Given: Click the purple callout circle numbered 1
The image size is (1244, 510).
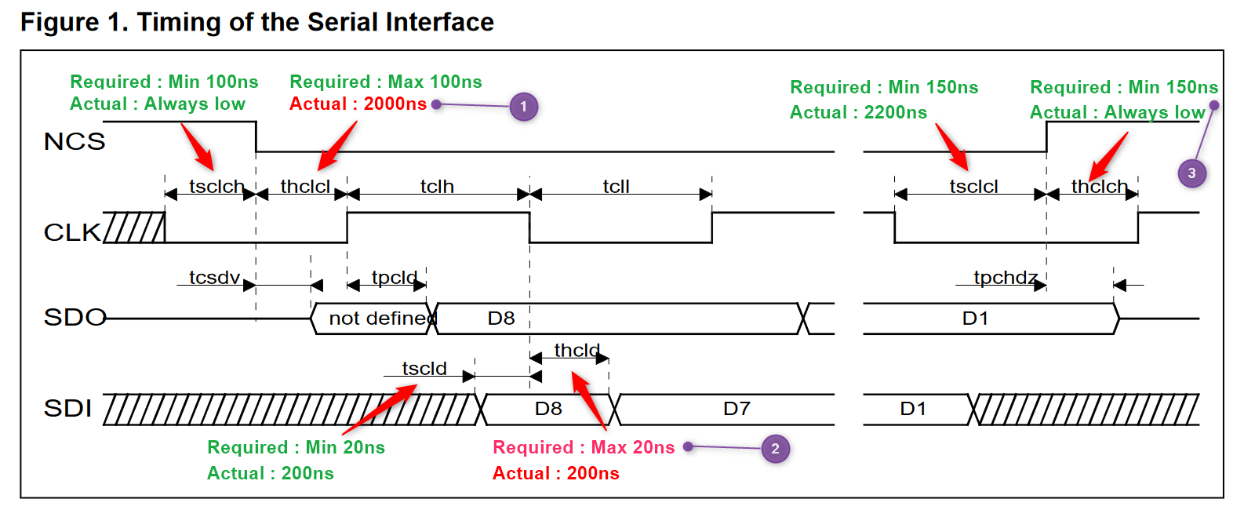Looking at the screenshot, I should point(523,107).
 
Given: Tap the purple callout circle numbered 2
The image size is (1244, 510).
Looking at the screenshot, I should point(775,449).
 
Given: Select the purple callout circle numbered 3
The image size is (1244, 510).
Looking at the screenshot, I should point(1191,173).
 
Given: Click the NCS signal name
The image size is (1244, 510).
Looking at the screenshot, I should point(75,142).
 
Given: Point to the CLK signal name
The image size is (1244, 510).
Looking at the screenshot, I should point(72,232).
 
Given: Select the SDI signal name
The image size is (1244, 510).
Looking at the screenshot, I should point(68,409).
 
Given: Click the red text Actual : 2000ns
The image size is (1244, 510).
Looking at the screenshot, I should point(358,104).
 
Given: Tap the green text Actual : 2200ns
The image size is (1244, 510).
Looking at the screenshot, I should point(858,113).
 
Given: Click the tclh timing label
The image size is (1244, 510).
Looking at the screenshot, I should point(437,187).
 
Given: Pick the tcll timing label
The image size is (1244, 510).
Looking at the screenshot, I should point(616,187).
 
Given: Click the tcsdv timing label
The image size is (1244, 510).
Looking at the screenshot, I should point(214,278).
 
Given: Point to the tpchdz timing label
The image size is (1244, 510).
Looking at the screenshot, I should point(1006,278).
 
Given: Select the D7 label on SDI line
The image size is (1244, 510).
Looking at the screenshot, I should point(737,409).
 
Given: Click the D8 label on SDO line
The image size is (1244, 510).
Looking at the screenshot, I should point(501,319).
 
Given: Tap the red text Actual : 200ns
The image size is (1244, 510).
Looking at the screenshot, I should point(555,474).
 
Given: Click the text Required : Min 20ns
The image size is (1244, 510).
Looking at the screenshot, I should point(296,448).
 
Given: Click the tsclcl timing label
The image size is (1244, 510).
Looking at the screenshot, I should point(973,187).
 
